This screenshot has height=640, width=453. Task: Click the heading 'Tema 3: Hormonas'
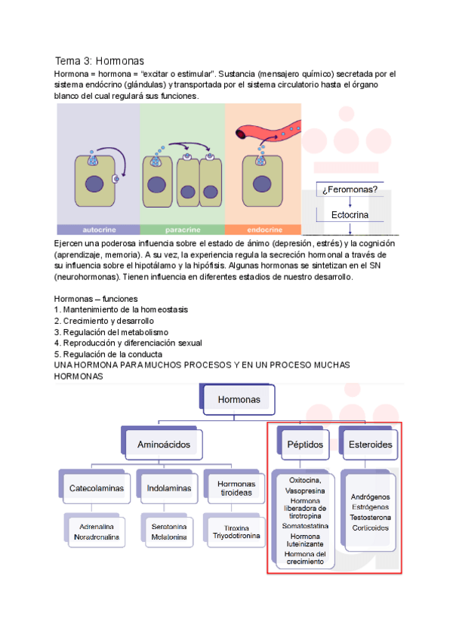99,60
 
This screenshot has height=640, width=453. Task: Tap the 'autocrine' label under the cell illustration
98,229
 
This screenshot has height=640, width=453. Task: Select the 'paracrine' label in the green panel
182,229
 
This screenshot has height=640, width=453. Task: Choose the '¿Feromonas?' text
350,189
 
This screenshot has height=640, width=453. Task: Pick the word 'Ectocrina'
350,215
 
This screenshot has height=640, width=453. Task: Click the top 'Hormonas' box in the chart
239,399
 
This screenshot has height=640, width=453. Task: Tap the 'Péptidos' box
305,445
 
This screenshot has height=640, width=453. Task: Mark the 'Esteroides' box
370,445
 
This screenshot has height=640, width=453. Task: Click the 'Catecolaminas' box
97,488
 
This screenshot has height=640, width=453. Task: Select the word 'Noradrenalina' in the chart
97,537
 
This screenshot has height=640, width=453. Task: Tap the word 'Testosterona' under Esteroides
371,518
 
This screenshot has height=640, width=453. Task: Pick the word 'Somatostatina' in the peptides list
306,525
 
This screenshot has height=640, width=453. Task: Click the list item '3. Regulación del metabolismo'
111,332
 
